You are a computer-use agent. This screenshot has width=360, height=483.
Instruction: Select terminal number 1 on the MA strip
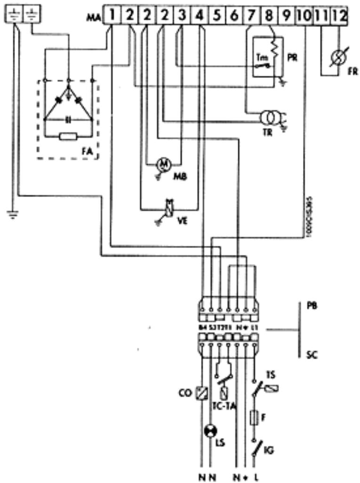(x=112, y=16)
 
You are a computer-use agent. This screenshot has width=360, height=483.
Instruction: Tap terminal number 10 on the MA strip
(x=304, y=16)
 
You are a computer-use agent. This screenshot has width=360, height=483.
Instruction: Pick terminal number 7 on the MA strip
(x=251, y=16)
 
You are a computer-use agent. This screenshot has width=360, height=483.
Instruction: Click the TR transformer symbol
(x=270, y=117)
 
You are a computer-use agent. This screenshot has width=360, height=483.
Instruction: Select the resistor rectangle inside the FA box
(x=69, y=137)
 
